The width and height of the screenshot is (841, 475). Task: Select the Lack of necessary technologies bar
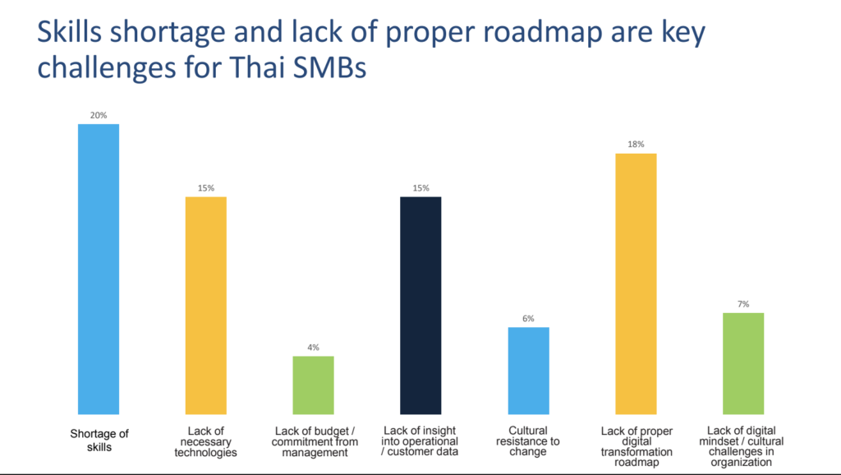(206, 305)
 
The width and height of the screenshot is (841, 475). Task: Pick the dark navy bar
(420, 305)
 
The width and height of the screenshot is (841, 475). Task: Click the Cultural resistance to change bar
(528, 371)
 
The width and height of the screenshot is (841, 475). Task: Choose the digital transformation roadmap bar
(636, 284)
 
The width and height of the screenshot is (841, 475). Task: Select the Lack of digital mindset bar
(743, 363)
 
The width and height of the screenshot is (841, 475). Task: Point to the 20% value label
(99, 115)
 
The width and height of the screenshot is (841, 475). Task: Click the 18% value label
(636, 145)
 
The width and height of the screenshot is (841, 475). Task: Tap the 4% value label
(314, 348)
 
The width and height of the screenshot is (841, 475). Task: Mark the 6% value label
(528, 319)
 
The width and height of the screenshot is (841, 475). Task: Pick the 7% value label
(743, 304)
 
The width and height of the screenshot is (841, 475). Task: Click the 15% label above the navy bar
(420, 188)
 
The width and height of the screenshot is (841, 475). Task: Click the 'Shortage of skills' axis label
(99, 440)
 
